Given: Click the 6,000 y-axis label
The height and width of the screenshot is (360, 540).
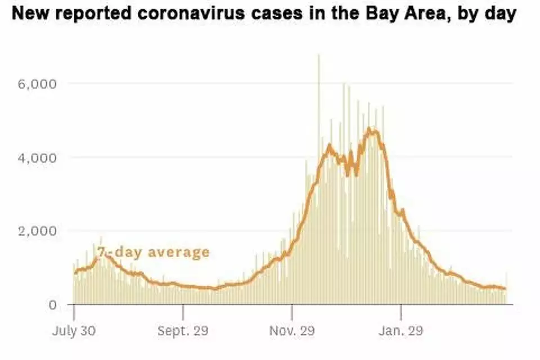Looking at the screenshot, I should point(38,84).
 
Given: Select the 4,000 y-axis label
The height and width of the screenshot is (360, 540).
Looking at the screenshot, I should point(38,157).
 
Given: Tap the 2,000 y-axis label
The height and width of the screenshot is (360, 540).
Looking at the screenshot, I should point(38,231).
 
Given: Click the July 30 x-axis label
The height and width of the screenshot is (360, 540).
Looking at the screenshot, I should point(74,331).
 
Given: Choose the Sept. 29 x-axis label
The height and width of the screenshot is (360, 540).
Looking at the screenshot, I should point(183,331).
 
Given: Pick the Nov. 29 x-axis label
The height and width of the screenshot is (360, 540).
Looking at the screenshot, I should point(292,331).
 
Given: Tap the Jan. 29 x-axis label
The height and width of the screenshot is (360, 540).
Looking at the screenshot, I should point(401,331).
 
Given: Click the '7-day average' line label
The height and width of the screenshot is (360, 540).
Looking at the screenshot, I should point(153,252).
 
